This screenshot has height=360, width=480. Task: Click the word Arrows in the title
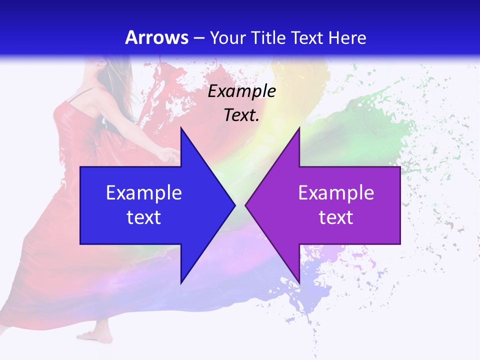pyautogui.click(x=156, y=37)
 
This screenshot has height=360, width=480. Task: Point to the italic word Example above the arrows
pyautogui.click(x=242, y=91)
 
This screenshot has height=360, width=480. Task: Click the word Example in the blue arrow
pyautogui.click(x=144, y=192)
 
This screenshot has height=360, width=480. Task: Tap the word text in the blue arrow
pyautogui.click(x=144, y=217)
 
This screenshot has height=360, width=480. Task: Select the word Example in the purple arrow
pyautogui.click(x=336, y=192)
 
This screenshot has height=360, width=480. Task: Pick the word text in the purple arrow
pyautogui.click(x=336, y=217)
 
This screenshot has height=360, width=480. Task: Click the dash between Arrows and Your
pyautogui.click(x=198, y=37)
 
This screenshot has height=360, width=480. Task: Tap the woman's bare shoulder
pyautogui.click(x=85, y=100)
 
